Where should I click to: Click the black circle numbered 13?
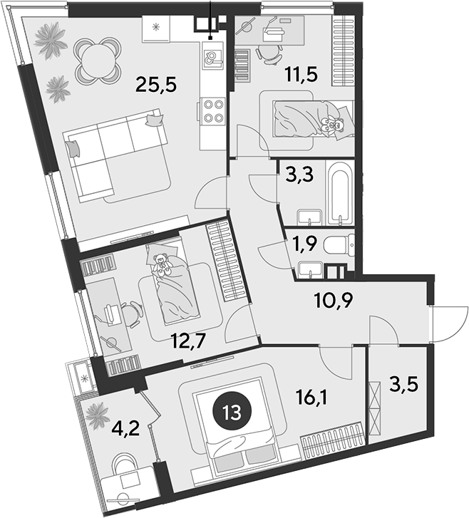pyautogui.click(x=232, y=413)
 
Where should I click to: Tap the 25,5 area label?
pyautogui.click(x=156, y=85)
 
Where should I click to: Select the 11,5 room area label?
pyautogui.click(x=301, y=74)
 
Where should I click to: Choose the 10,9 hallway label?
pyautogui.click(x=334, y=300)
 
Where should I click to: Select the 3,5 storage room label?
pyautogui.click(x=403, y=385)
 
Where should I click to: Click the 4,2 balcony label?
pyautogui.click(x=127, y=429)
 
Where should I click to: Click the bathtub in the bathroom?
pyautogui.click(x=339, y=192)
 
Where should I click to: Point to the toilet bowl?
pyautogui.click(x=339, y=245)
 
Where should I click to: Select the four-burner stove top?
pyautogui.click(x=212, y=110)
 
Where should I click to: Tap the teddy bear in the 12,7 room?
pyautogui.click(x=162, y=264)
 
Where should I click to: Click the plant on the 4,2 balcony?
pyautogui.click(x=98, y=415)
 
